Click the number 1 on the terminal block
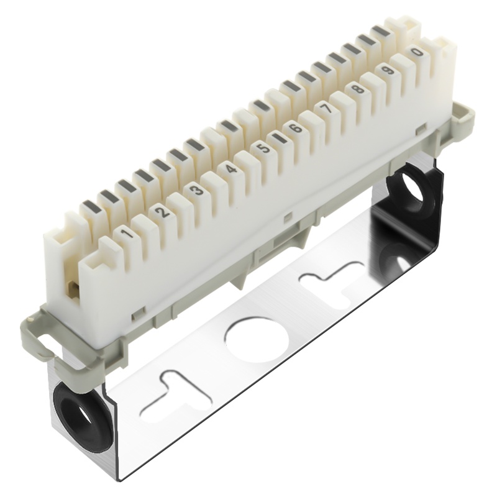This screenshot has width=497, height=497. click(128, 234)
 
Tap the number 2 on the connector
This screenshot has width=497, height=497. click(163, 211)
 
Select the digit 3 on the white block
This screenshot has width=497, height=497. click(197, 190)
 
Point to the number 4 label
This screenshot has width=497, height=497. click(231, 169)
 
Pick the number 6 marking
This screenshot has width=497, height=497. click(296, 129)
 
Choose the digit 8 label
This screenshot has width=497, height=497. click(358, 89)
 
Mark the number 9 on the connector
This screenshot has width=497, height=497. click(388, 70)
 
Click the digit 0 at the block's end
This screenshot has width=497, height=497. click(417, 52)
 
